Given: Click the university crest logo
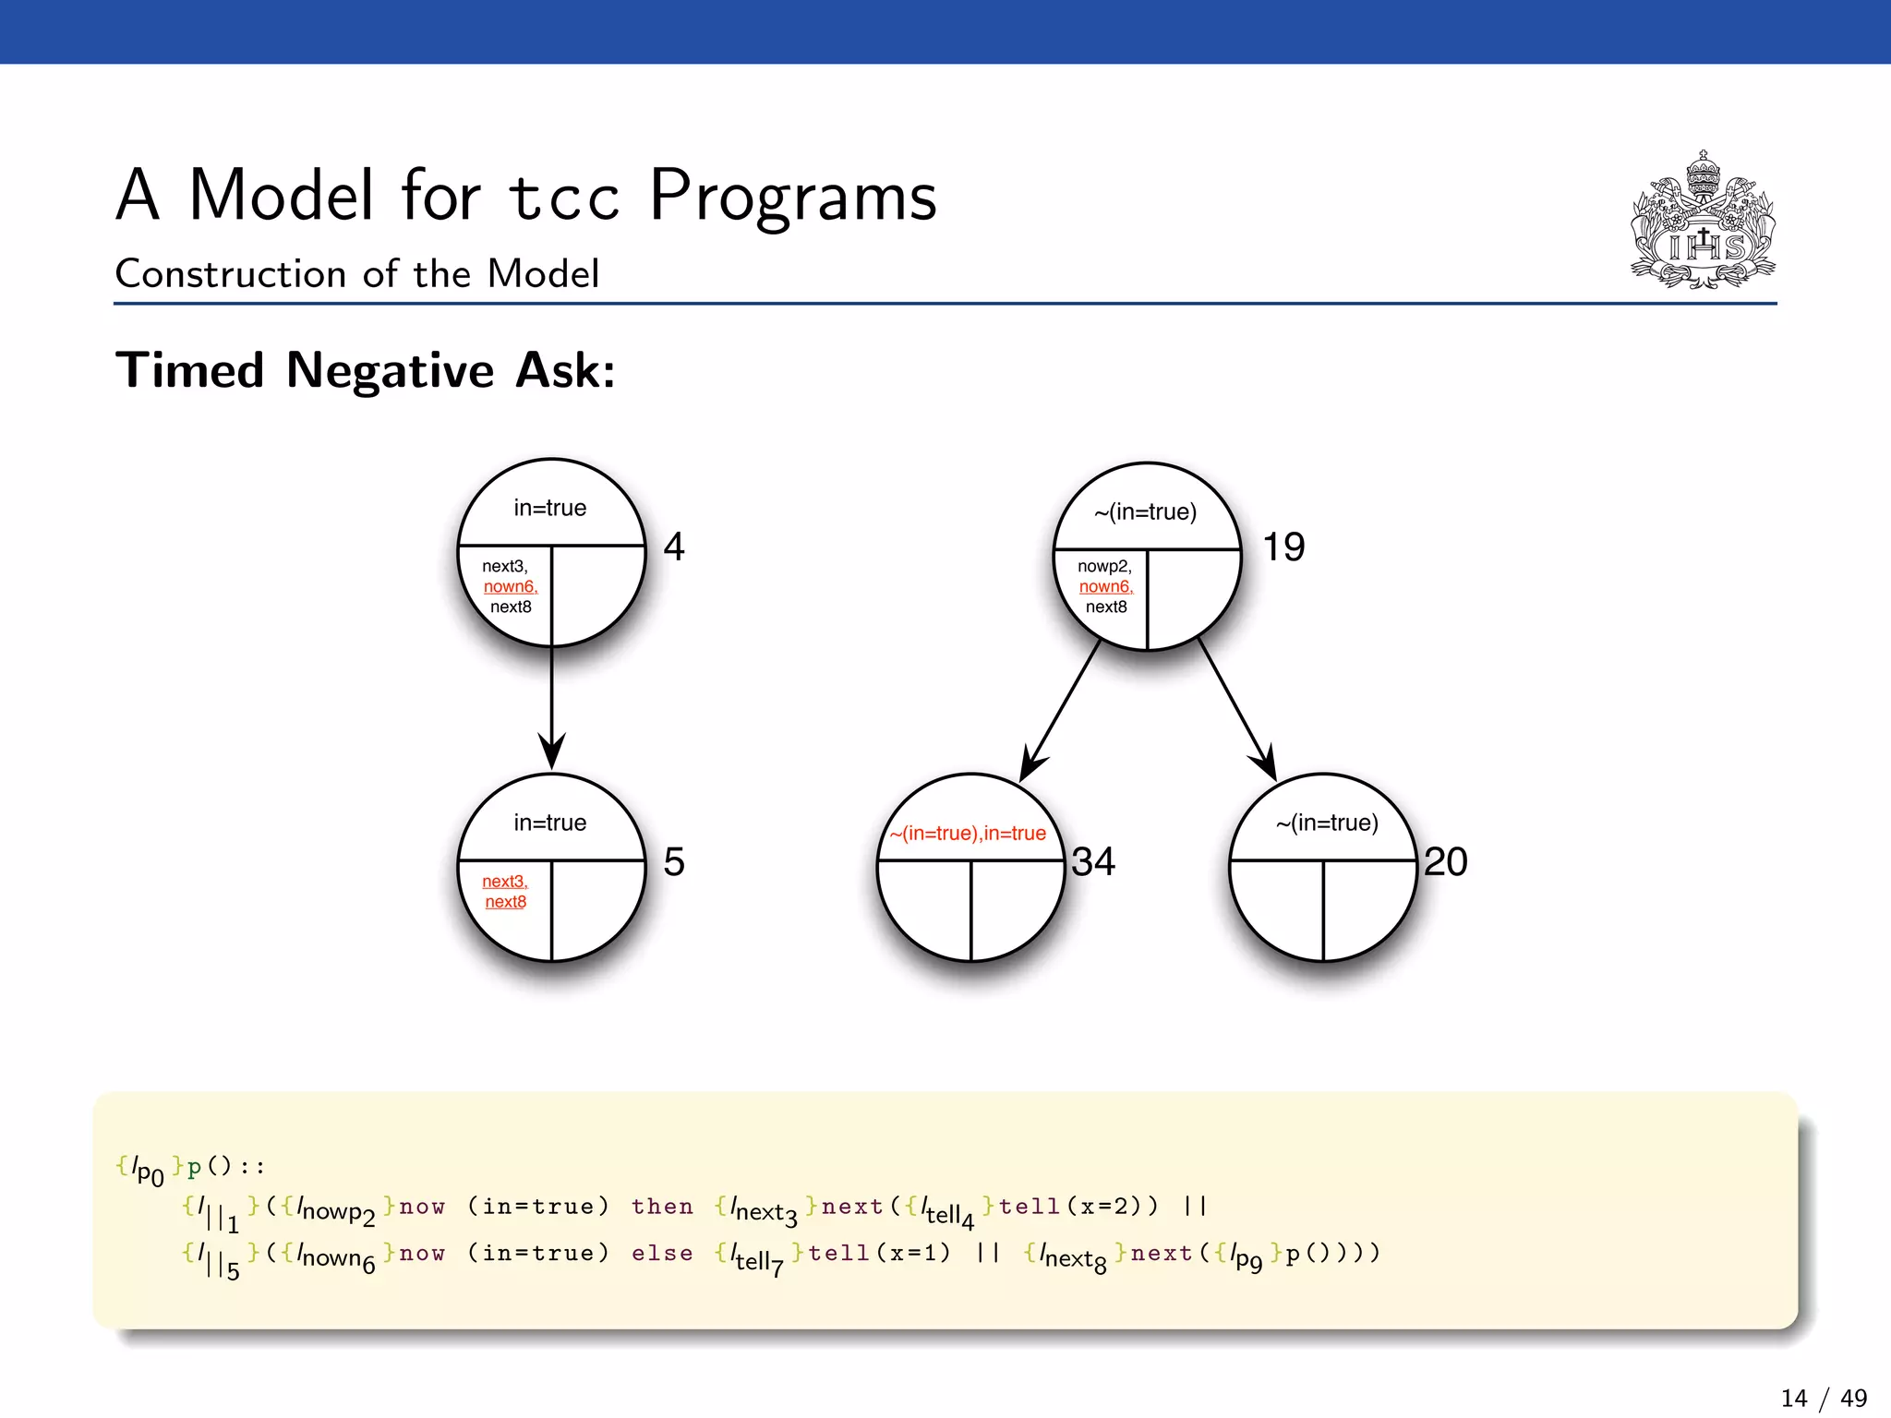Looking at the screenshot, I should [1703, 222].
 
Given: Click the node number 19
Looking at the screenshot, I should [1283, 547].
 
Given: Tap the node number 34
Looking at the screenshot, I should [1093, 862].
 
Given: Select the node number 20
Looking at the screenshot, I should [1445, 862].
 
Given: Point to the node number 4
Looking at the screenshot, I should [674, 547].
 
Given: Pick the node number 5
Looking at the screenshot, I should [674, 862].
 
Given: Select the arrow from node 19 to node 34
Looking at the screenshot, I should [1061, 711].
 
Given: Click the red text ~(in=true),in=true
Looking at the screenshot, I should [968, 834].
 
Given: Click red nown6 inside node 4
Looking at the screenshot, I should [510, 587].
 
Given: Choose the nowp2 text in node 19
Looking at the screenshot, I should [1104, 567].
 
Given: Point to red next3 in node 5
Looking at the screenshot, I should [505, 882].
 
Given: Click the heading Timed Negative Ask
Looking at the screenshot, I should [365, 371].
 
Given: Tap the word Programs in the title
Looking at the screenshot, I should [792, 196].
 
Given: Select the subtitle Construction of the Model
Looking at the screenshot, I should [357, 274].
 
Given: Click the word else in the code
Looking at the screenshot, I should [662, 1254].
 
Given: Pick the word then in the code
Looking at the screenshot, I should [662, 1207].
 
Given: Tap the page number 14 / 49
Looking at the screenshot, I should [1823, 1398].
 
